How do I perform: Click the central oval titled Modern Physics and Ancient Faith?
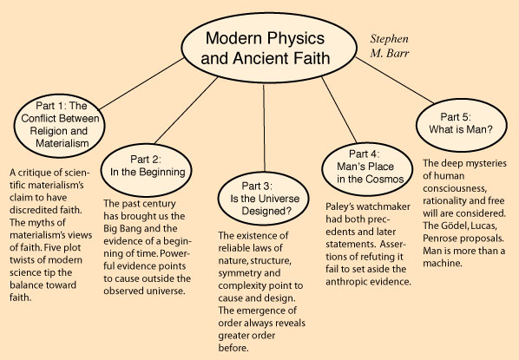click(x=269, y=48)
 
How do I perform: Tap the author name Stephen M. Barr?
click(x=390, y=46)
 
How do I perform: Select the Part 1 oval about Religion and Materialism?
click(x=60, y=126)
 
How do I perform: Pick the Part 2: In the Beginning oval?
click(x=147, y=170)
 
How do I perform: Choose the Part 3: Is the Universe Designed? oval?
click(x=264, y=198)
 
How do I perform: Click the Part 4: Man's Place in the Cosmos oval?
click(x=367, y=169)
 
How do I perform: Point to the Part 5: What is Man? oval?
click(x=462, y=125)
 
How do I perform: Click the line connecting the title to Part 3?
click(x=264, y=128)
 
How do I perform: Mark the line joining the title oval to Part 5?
click(x=395, y=81)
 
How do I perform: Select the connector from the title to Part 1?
click(x=141, y=84)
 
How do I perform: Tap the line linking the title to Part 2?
click(x=186, y=110)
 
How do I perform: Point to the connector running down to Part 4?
click(x=339, y=110)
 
